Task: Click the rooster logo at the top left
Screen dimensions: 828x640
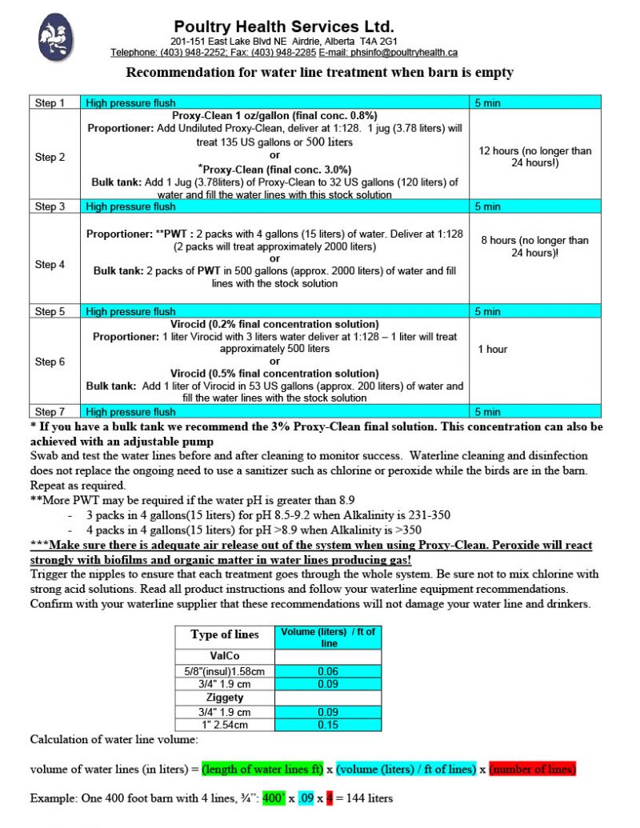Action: point(56,38)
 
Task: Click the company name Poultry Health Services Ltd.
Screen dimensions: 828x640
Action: point(284,26)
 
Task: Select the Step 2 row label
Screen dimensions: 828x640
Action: point(50,157)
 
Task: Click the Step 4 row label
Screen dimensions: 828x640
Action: point(50,264)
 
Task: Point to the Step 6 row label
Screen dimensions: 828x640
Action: point(50,362)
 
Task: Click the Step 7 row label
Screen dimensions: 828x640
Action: point(50,412)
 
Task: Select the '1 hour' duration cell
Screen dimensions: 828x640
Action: point(494,349)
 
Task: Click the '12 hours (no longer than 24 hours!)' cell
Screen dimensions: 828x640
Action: point(534,157)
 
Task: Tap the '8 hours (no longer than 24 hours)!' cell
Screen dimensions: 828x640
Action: point(534,246)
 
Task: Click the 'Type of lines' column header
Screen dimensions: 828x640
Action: point(225,634)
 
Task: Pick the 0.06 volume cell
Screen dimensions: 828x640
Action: point(327,670)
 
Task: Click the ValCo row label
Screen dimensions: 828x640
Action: point(225,654)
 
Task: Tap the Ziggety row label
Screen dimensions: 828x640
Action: point(225,698)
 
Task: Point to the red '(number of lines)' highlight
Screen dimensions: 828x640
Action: point(532,769)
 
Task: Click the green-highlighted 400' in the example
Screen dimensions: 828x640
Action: point(274,798)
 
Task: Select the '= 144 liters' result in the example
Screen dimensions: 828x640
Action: point(364,798)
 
